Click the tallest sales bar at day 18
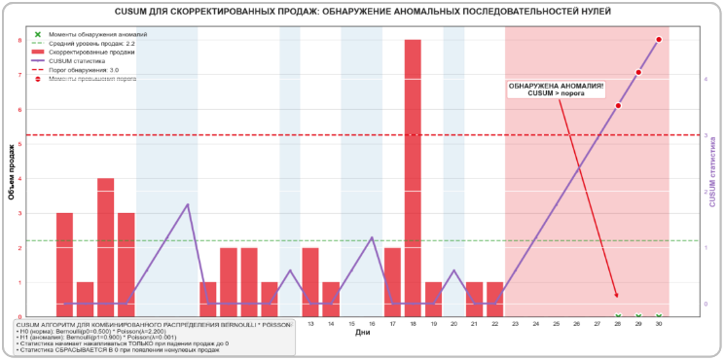tap(413, 175)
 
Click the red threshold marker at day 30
tap(659, 40)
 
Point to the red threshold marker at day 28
tap(618, 106)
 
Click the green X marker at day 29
tap(638, 316)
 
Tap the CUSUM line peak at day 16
tap(372, 236)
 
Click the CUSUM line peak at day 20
tap(453, 270)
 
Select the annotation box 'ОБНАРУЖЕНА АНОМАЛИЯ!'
tap(557, 89)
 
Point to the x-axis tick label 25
tap(557, 323)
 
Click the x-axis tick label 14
tap(331, 323)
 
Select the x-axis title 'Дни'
tap(362, 333)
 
